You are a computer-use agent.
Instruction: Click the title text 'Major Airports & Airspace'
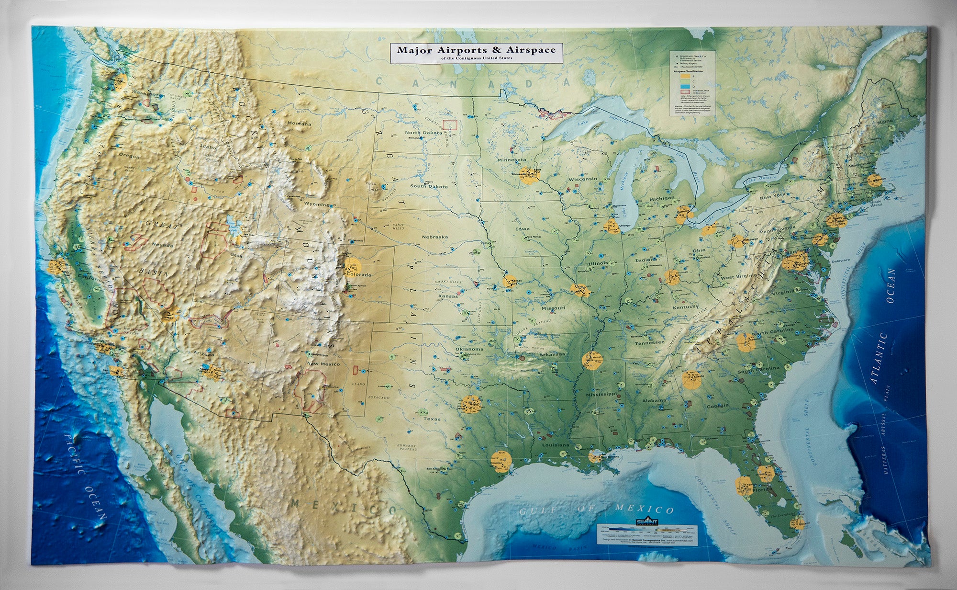tap(476, 49)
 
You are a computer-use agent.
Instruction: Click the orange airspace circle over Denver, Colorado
tap(352, 264)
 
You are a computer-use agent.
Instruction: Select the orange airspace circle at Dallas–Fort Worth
tap(471, 404)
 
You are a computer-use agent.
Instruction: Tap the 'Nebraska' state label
tap(434, 237)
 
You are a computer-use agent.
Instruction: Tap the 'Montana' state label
tap(299, 124)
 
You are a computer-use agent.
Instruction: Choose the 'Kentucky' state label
tap(685, 306)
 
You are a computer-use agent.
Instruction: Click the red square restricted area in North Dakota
tap(450, 125)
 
